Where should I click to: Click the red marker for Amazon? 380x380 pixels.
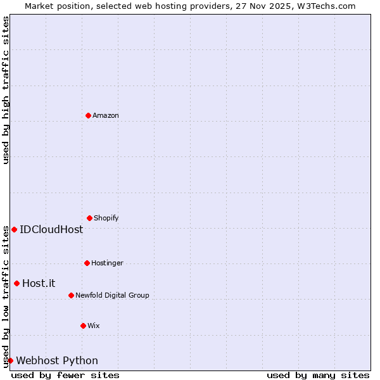[89, 115]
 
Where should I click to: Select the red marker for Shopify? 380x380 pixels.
[90, 218]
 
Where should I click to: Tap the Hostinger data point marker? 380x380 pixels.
[87, 263]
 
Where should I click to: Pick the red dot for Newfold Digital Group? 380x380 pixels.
[72, 295]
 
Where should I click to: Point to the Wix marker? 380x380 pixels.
[84, 326]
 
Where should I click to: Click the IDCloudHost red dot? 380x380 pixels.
[15, 229]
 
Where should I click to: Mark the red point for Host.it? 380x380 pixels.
[17, 283]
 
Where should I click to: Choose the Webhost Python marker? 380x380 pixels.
[11, 360]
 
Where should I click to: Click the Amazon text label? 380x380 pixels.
[106, 115]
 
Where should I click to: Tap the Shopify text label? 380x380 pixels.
[106, 218]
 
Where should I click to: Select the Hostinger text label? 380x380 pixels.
[108, 263]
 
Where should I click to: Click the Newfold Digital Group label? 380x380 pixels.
[113, 295]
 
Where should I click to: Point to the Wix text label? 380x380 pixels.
[94, 326]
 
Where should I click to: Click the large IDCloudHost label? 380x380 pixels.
[51, 229]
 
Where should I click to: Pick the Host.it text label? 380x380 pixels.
[39, 283]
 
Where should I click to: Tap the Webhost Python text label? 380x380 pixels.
[57, 360]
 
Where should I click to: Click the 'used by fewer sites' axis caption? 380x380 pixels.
[65, 375]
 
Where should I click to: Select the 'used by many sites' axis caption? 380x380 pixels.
[318, 375]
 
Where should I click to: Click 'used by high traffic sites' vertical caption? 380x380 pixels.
[6, 91]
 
